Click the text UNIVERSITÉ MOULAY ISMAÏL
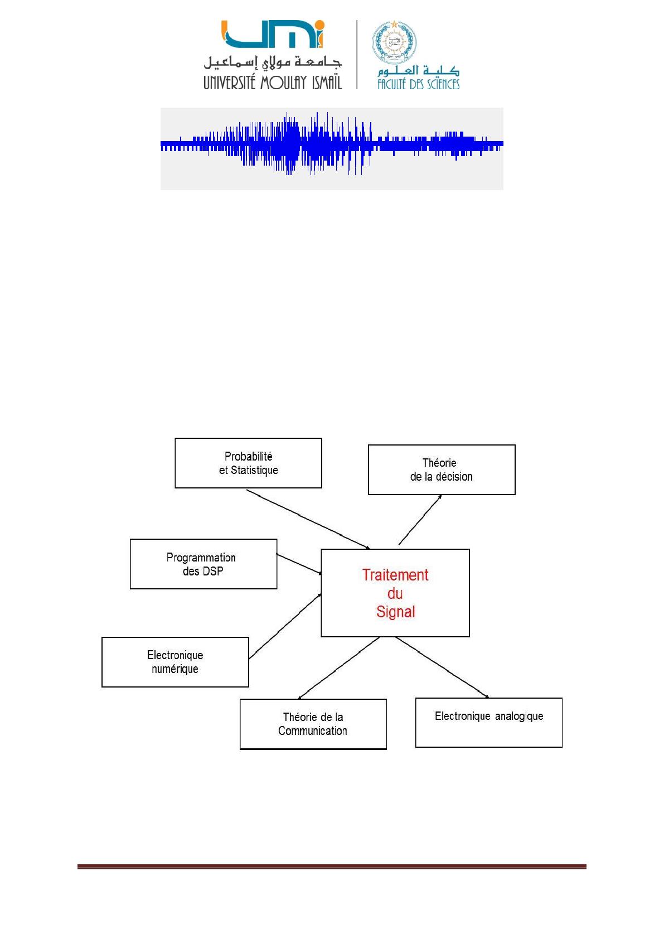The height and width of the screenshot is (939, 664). point(272,83)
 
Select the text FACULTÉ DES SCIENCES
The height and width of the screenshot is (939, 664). point(418,84)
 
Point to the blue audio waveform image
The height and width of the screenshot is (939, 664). point(332,148)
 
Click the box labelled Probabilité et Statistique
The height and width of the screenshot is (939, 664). point(248,463)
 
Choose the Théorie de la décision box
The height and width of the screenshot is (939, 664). point(441,469)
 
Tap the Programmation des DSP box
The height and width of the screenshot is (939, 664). point(203,564)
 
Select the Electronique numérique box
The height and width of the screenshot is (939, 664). point(175,662)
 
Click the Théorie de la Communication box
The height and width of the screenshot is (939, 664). point(313,724)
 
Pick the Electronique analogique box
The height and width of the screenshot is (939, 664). point(488,722)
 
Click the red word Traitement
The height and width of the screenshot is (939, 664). point(395,575)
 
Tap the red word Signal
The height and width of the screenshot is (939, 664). point(395,612)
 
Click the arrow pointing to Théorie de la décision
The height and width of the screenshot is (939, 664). point(420,520)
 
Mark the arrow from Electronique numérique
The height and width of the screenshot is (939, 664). point(285,626)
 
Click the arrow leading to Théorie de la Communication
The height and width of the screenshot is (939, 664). point(339,667)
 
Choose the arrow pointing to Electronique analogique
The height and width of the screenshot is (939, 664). point(442,667)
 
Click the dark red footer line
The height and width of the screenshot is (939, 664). point(332,867)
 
